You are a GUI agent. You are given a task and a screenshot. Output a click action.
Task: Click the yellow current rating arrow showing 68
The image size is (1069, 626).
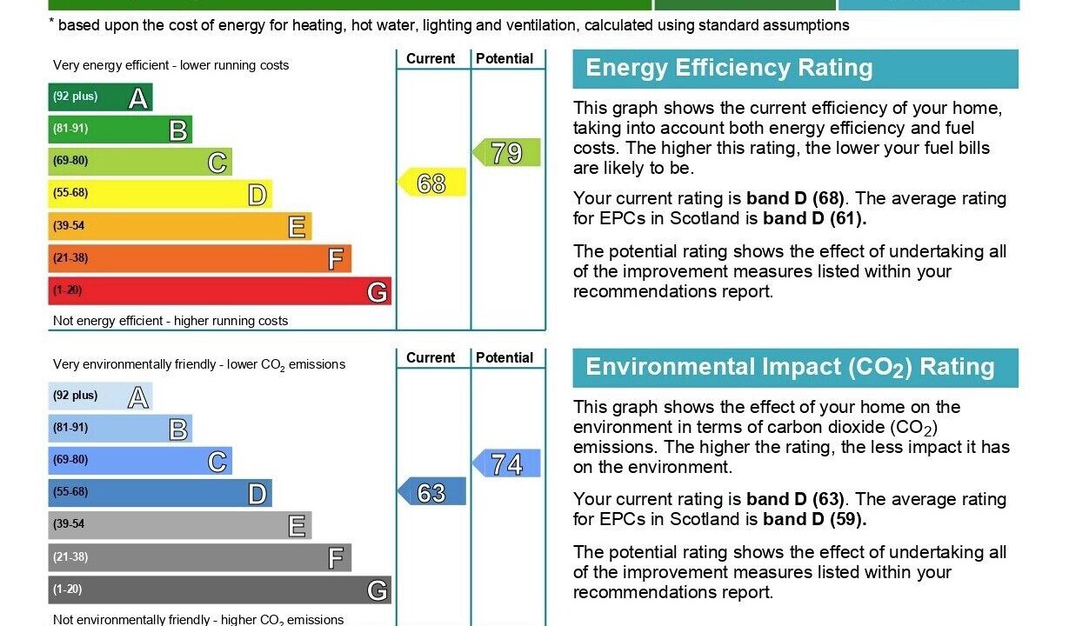432,183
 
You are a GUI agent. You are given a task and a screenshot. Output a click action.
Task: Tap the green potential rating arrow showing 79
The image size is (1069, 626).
506,153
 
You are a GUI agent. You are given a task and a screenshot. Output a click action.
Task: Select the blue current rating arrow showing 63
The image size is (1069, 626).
432,493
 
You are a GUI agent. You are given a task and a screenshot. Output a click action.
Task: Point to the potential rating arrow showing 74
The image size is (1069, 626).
506,463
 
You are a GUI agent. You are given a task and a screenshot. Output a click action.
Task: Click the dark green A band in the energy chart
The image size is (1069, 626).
100,97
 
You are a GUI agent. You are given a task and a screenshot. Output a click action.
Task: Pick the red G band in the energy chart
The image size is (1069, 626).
219,290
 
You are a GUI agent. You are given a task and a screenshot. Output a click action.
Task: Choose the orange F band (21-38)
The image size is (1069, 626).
199,258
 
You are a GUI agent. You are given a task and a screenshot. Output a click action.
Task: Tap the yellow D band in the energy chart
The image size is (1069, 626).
160,194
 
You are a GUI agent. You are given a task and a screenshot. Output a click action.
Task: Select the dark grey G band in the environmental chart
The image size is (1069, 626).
219,589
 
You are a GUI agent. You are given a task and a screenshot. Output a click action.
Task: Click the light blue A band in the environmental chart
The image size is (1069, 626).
100,396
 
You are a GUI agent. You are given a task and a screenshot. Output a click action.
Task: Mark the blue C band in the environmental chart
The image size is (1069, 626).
140,461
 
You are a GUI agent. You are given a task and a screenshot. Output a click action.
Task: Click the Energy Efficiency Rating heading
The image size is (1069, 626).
729,69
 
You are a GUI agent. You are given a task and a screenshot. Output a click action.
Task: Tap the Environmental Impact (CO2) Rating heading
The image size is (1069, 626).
790,367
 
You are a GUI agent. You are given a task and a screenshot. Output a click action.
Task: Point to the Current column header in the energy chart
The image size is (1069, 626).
431,59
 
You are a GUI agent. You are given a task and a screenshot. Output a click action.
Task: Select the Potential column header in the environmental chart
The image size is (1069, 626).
504,358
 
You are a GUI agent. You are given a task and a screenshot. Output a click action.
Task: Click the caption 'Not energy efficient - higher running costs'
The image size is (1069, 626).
170,321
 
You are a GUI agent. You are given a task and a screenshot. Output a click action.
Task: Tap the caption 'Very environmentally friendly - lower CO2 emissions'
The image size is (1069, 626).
199,365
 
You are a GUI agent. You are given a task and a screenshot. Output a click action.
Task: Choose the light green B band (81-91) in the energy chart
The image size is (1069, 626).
120,130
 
